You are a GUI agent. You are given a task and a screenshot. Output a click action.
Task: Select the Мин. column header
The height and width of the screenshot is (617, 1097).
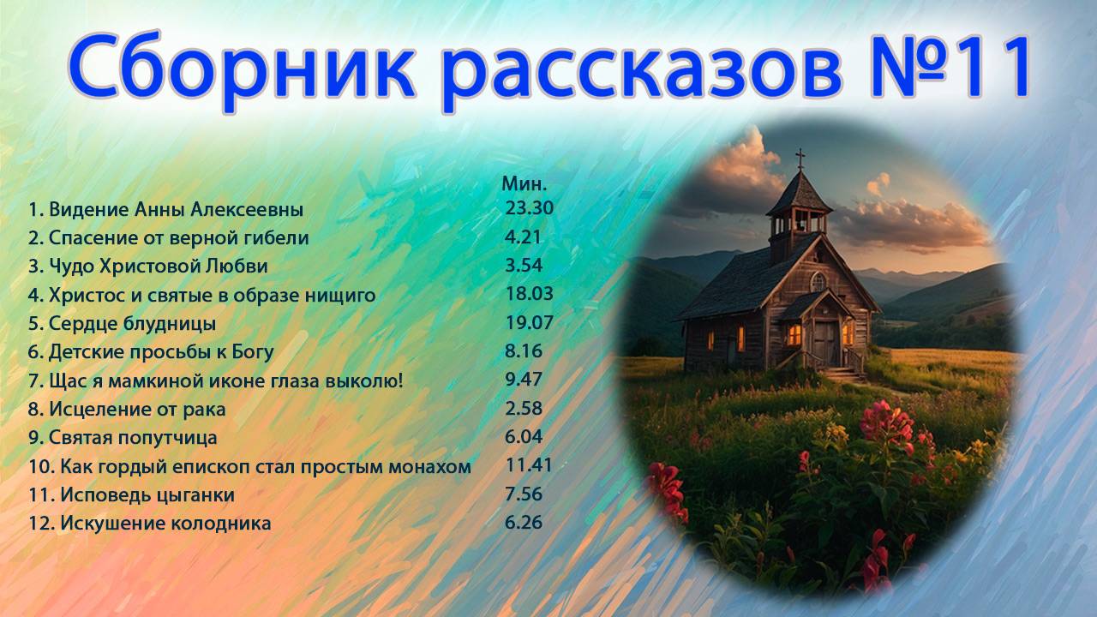coord(524,183)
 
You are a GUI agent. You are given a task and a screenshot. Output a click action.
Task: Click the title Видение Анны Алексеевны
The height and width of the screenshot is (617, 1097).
coord(166,210)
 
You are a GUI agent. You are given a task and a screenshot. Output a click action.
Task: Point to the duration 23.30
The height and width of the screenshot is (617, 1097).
coord(530,208)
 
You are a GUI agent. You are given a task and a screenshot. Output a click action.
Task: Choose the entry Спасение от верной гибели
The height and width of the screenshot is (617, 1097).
coord(169,238)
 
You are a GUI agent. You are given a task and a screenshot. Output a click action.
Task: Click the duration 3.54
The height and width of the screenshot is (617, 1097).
coord(524,266)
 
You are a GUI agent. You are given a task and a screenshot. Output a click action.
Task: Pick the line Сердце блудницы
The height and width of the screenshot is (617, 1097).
coord(122,324)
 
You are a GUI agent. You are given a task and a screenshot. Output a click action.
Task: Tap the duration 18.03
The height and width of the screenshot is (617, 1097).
coord(530,294)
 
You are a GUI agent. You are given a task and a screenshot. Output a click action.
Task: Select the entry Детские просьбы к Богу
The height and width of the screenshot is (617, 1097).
coord(151,352)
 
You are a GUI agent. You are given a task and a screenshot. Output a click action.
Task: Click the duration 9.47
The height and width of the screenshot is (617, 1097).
coord(524,380)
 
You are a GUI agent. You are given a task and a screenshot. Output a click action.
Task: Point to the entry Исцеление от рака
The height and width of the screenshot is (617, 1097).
coord(129,409)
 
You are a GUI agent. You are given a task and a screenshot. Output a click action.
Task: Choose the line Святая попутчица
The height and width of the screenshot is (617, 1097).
coord(123,438)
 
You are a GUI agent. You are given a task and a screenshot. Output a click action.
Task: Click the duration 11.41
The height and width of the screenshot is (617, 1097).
coord(530,465)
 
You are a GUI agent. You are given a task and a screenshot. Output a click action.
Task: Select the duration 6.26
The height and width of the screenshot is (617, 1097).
coord(524,522)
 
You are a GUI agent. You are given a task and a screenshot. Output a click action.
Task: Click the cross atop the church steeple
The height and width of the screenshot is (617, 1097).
coord(800,159)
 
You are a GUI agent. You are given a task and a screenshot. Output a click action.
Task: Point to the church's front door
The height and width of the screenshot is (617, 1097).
coord(825,342)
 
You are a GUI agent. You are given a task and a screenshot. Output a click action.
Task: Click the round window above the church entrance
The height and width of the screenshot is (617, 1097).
coord(818,280)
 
